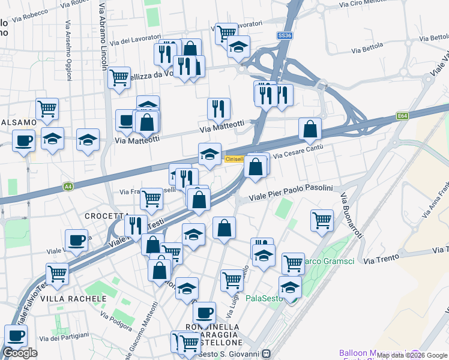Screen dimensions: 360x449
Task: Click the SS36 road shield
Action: coord(285,36)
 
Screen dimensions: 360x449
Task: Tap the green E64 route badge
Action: coord(402,116)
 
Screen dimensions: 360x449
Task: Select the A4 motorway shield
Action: coord(68,187)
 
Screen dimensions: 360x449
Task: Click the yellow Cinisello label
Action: coord(234,159)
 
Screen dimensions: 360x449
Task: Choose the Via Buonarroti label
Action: coord(351,214)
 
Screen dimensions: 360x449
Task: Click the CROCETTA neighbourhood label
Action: coord(107,216)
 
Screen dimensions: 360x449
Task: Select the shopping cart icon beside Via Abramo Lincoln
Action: coord(119,76)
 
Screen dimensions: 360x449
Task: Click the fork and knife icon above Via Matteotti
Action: coord(218,109)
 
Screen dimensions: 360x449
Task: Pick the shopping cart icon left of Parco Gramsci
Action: coord(293,262)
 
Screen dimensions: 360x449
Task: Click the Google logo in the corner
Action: coord(20,353)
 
